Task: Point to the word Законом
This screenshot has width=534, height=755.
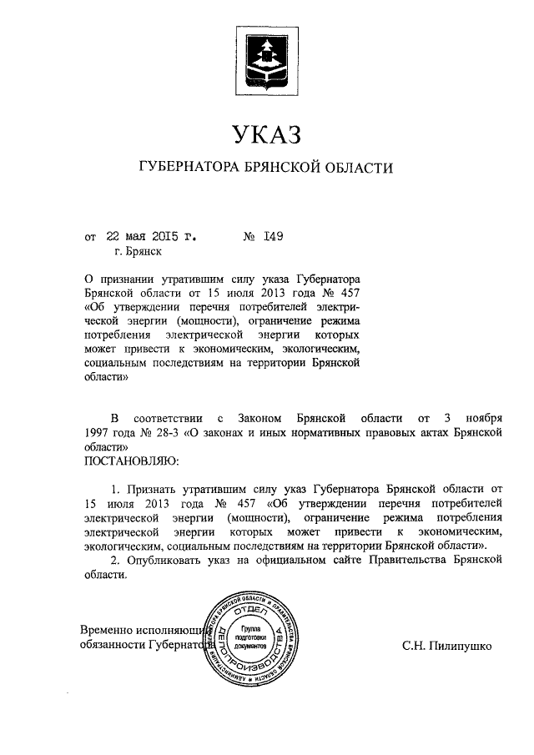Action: (258, 416)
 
